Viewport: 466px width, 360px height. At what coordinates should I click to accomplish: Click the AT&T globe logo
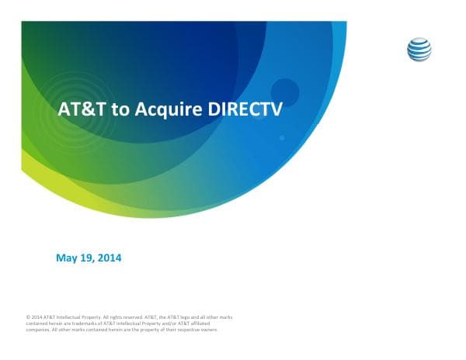click(419, 50)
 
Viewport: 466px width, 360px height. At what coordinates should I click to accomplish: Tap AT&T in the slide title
click(83, 110)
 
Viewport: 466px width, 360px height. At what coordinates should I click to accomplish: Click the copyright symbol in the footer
click(28, 317)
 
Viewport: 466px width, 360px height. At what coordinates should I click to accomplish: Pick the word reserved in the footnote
click(130, 317)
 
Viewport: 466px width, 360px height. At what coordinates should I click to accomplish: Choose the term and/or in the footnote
click(160, 324)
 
